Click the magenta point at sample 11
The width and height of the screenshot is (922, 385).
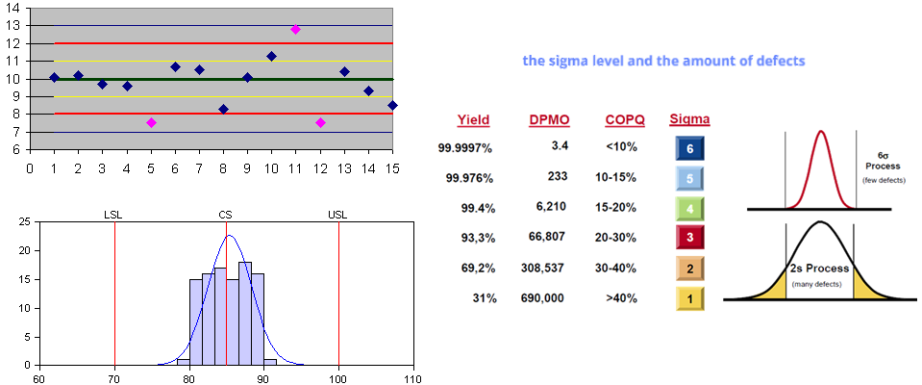(x=295, y=30)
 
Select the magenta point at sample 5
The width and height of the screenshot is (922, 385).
(x=151, y=122)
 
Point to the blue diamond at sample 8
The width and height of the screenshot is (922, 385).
(x=223, y=109)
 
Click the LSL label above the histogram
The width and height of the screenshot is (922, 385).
(x=113, y=215)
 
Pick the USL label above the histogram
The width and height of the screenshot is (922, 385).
(x=338, y=215)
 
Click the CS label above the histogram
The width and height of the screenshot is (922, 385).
(x=226, y=215)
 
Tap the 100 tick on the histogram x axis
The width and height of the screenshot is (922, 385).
(x=338, y=378)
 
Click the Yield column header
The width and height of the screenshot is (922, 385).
(x=472, y=120)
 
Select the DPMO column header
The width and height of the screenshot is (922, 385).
(x=548, y=120)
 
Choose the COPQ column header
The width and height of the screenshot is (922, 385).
(x=625, y=120)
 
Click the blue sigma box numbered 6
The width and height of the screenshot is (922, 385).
(x=689, y=149)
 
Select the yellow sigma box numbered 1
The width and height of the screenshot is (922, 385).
(x=689, y=299)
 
